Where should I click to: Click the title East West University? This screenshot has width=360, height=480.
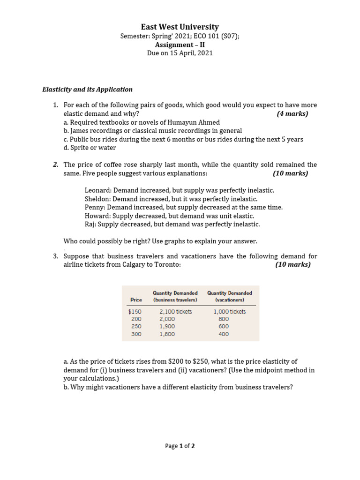coord(180,27)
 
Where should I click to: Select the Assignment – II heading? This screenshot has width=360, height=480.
coord(180,45)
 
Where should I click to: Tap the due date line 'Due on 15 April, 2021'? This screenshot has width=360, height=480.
coord(180,53)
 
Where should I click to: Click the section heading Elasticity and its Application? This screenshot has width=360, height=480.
coord(88,89)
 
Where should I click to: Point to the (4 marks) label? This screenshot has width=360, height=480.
coord(292,113)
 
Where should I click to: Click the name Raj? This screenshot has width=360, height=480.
coord(90,224)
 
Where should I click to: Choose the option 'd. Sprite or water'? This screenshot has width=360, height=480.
coord(90,148)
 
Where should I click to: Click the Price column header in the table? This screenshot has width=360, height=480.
coord(136,300)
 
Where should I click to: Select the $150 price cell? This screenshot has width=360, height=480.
coord(135,311)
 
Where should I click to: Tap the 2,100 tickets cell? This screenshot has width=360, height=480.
coord(175,311)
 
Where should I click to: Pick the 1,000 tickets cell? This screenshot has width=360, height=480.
coord(229,311)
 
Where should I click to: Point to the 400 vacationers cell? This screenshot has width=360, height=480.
coord(224,334)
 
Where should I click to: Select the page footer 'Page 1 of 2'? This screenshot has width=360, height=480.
coord(180,446)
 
